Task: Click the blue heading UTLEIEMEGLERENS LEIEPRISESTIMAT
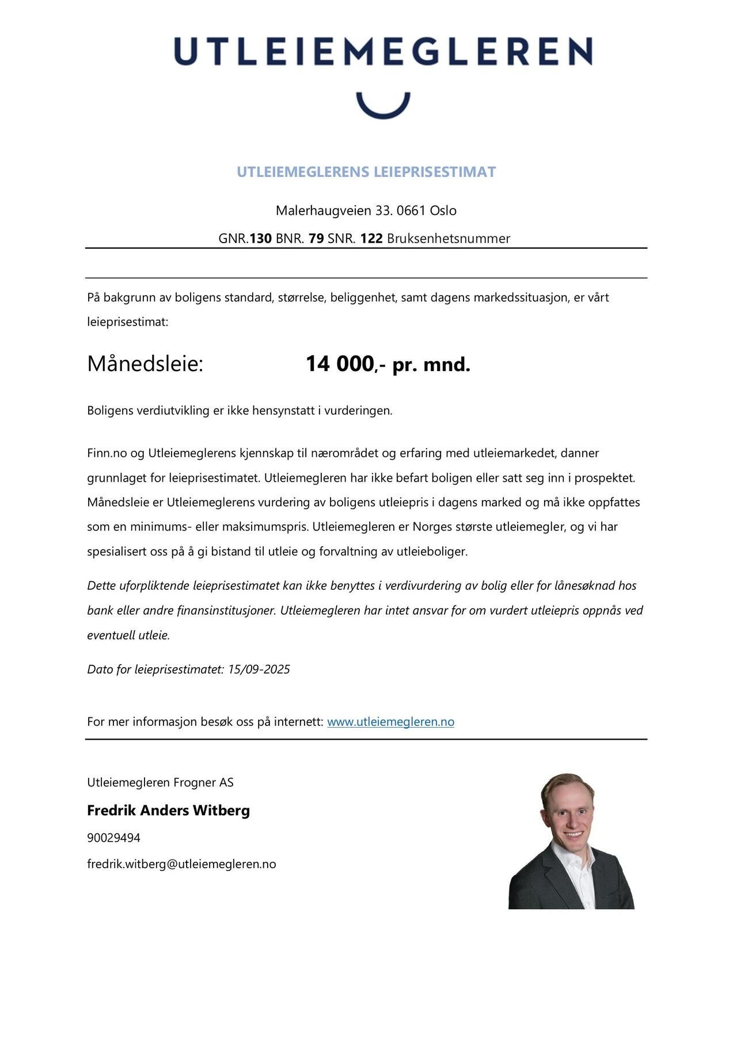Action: (366, 172)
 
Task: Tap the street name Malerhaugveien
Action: (323, 210)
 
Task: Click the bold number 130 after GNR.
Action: (260, 239)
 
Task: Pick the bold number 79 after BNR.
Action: (316, 239)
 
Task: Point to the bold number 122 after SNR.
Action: (371, 239)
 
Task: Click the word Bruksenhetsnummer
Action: (449, 239)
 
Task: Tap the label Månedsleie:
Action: (145, 364)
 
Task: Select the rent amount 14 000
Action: (340, 364)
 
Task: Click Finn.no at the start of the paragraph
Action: (107, 453)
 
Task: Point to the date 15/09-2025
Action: (259, 669)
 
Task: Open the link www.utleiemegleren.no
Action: (390, 722)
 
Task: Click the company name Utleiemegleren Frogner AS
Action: (160, 782)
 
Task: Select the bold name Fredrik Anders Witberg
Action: (168, 811)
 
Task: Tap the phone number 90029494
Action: (113, 838)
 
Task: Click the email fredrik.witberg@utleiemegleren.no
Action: (181, 864)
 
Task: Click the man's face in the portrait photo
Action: (568, 813)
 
